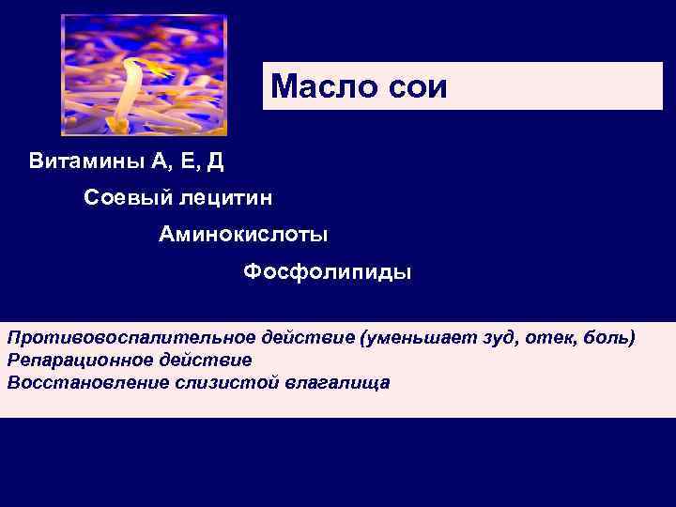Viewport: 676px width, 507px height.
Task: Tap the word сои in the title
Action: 417,87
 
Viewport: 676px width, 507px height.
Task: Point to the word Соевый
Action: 120,198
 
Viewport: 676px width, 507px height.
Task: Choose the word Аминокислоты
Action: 243,235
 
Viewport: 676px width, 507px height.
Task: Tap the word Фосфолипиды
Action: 327,272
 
